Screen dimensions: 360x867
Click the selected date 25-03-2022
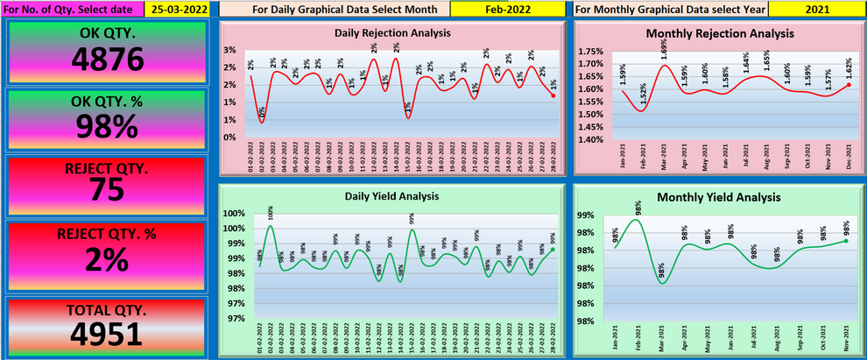pyautogui.click(x=178, y=9)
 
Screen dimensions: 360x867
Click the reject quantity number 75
pyautogui.click(x=107, y=191)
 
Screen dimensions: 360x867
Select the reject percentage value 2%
pyautogui.click(x=107, y=259)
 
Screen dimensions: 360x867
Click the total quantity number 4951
pyautogui.click(x=107, y=333)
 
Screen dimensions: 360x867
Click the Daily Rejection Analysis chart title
pyautogui.click(x=393, y=32)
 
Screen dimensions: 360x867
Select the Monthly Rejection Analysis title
pyautogui.click(x=720, y=33)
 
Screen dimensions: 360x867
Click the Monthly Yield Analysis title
pyautogui.click(x=720, y=197)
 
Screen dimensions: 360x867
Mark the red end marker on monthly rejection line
pyautogui.click(x=849, y=85)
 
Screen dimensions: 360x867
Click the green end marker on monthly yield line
pyautogui.click(x=846, y=241)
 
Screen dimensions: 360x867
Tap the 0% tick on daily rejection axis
pyautogui.click(x=229, y=138)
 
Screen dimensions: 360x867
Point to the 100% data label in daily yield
pyautogui.click(x=271, y=213)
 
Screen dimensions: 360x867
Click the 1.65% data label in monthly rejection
pyautogui.click(x=766, y=60)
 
